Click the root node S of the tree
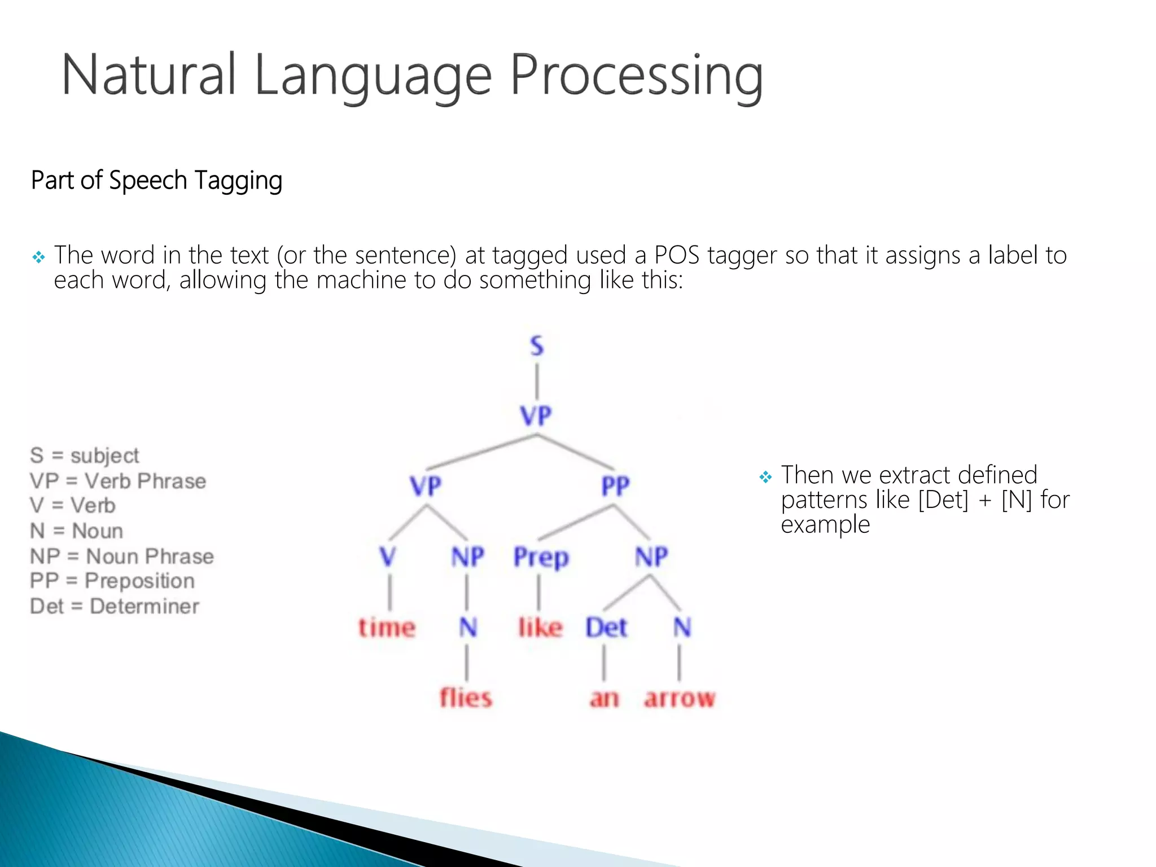(x=536, y=345)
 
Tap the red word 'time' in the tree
(x=387, y=628)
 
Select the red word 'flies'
(x=466, y=698)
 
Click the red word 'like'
(x=540, y=628)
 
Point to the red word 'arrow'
(x=680, y=699)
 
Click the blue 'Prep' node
(x=541, y=558)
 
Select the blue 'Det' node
(x=606, y=628)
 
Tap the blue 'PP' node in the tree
(x=615, y=486)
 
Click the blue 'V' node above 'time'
(x=388, y=557)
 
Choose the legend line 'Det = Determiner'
(x=115, y=606)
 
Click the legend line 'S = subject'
(x=85, y=456)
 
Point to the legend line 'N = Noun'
(x=76, y=531)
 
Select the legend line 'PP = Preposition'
(x=112, y=581)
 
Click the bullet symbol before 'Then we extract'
(x=765, y=478)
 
